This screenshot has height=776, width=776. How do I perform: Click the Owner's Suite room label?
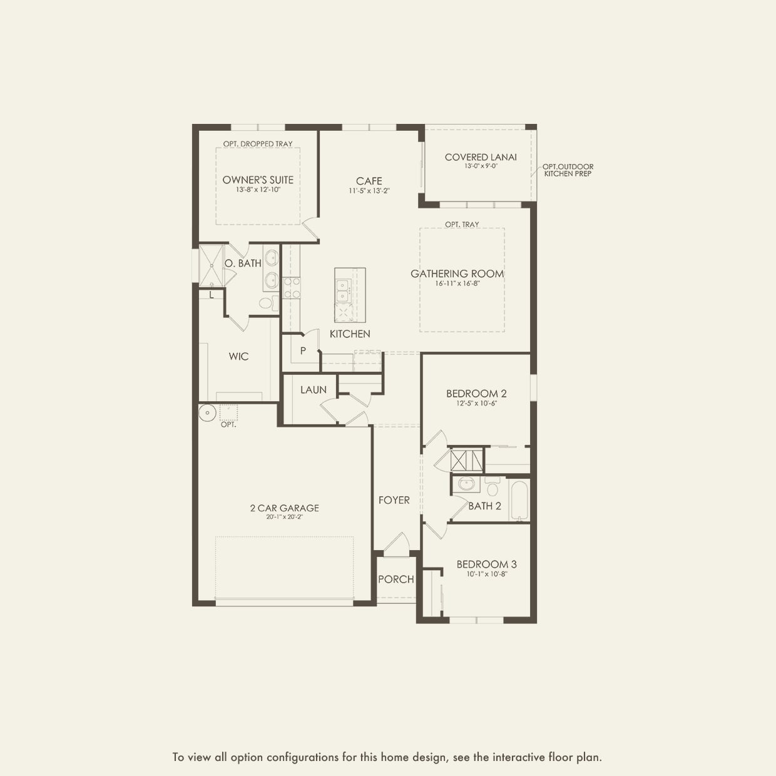[258, 180]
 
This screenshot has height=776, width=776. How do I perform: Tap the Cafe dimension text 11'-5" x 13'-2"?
[369, 191]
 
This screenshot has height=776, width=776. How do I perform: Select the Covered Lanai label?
[481, 157]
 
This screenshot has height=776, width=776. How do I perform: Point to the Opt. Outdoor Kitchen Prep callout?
[568, 170]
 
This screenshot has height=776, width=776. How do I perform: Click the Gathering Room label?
[457, 273]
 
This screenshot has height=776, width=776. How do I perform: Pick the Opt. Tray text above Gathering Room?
[462, 224]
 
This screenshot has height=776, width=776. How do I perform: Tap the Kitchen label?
[350, 334]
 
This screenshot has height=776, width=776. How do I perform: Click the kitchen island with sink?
[350, 295]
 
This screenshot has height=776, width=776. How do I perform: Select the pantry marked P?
[303, 351]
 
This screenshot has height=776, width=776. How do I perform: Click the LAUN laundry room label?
[314, 390]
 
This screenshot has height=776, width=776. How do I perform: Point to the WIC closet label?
[238, 357]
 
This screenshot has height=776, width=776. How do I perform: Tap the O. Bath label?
[243, 263]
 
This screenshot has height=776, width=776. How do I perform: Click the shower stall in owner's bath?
[211, 266]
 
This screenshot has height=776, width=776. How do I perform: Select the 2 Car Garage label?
[285, 508]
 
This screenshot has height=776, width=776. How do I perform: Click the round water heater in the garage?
[207, 413]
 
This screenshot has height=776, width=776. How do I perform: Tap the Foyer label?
[394, 500]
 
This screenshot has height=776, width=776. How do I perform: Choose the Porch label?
[396, 579]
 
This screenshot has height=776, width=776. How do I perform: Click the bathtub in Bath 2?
[519, 500]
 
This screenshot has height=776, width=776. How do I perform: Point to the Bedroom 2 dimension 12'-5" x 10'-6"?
[476, 404]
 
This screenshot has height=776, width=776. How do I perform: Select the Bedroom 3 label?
[486, 564]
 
